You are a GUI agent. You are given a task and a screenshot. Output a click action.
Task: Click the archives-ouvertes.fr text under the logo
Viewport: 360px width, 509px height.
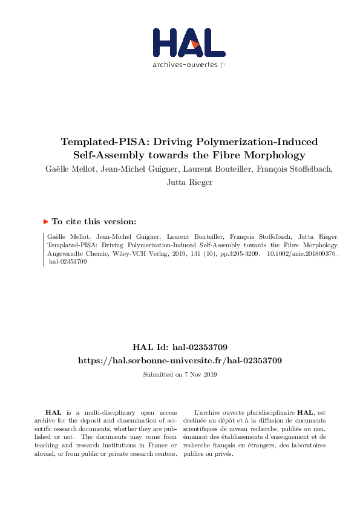click(189, 64)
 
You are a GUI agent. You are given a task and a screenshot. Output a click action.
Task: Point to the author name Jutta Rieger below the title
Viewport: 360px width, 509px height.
click(189, 182)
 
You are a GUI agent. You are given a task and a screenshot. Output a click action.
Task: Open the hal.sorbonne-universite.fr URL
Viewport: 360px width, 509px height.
click(180, 360)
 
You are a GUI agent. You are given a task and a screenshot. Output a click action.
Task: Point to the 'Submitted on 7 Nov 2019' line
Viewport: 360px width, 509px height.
click(180, 374)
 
